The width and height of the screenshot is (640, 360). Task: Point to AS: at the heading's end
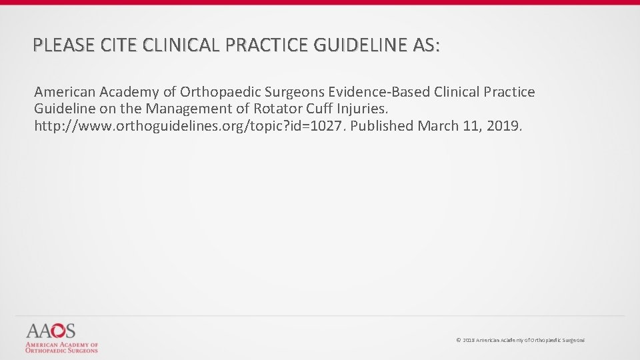point(427,45)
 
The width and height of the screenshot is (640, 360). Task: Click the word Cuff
point(319,109)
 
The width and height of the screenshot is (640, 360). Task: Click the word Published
point(381,126)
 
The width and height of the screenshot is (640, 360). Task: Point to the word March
point(437,126)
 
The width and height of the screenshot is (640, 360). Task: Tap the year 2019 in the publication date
point(505,126)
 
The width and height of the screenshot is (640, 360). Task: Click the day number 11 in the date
point(471,126)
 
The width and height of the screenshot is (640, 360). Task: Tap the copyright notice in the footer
point(520,340)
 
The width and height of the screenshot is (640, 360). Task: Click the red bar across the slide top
point(320,2)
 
